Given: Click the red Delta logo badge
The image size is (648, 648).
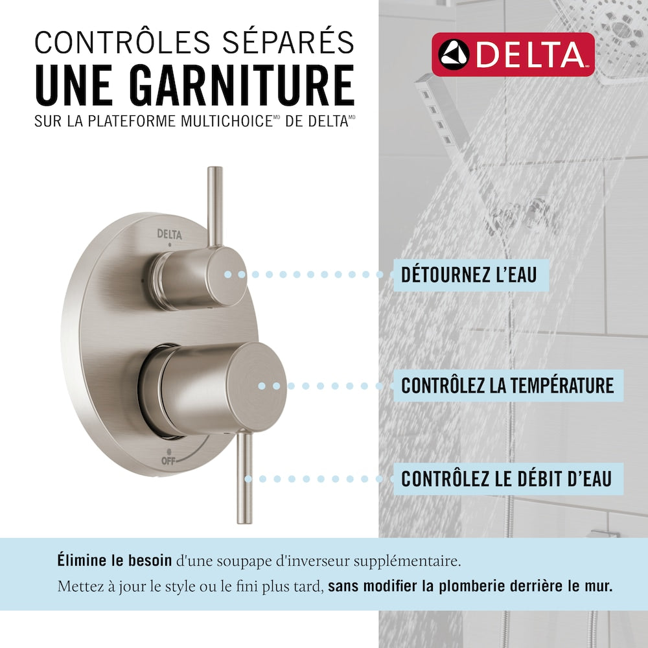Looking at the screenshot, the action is click(513, 54).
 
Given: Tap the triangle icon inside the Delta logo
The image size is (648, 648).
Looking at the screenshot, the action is click(454, 54).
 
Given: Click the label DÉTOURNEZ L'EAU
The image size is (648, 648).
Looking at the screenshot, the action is click(469, 275).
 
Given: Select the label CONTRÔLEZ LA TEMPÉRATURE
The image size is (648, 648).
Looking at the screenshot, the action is click(507, 386).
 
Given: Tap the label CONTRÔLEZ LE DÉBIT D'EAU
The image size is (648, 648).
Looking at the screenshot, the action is click(506, 479).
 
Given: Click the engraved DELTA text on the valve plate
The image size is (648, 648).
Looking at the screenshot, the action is click(169, 235).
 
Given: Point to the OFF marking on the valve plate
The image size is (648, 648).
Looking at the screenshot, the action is click(168, 460).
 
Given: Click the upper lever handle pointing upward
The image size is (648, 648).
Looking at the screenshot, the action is click(215, 207).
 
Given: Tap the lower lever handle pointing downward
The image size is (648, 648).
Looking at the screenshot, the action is click(244, 479).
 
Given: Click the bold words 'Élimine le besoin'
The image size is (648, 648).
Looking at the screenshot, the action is click(115, 561).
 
